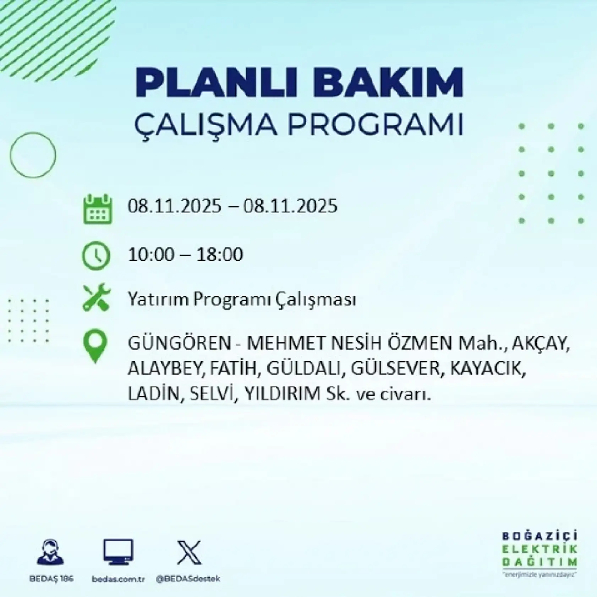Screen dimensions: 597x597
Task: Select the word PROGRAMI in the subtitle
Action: pos(377,124)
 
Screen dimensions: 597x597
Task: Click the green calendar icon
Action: pos(98,209)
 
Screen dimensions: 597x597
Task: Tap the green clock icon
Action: pos(96,256)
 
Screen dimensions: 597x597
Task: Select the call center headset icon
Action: pos(50,552)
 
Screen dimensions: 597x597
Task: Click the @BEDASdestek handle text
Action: pos(188,579)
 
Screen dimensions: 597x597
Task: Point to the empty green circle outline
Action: pos(33,155)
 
